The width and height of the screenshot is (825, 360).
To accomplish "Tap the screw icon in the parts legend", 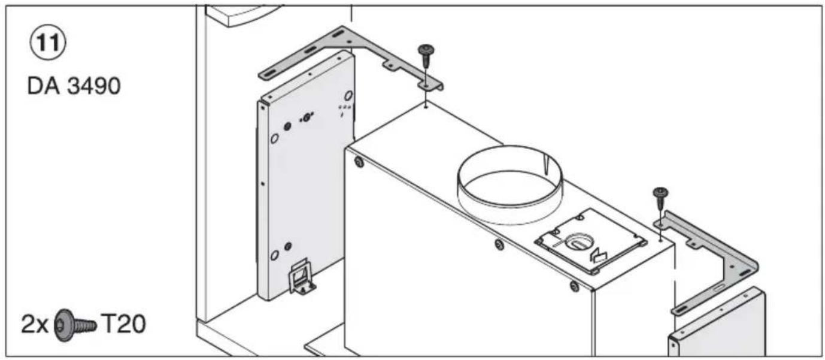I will (75, 325).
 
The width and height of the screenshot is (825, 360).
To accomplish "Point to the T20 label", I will (123, 325).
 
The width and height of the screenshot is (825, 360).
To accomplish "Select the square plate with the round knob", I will (590, 241).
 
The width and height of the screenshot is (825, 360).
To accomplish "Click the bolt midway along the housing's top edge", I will (498, 244).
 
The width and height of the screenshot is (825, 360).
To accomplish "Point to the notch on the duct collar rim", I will (547, 163).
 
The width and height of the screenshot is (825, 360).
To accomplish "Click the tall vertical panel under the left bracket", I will (305, 180).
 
